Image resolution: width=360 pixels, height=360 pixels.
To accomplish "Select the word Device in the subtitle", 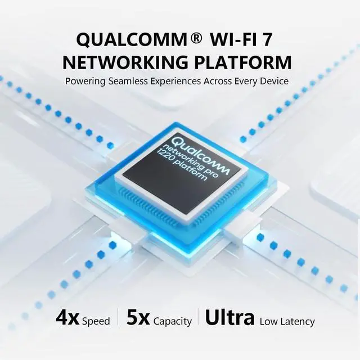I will tap(274, 81).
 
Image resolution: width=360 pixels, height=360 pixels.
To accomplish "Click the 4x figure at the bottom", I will tap(68, 318).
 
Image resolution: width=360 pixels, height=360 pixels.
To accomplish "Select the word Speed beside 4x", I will tap(96, 322).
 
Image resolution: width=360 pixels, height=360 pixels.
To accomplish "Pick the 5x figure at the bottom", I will tap(138, 318).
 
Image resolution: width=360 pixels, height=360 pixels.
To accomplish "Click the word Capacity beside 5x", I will tap(173, 322).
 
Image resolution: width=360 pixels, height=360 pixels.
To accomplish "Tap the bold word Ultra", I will tap(230, 318).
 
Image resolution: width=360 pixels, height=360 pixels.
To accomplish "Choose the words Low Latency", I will tap(287, 322).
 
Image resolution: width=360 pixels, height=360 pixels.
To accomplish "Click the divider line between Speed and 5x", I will tap(118, 318).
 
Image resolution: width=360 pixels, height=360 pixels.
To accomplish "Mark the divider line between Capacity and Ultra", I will tap(198, 318).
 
